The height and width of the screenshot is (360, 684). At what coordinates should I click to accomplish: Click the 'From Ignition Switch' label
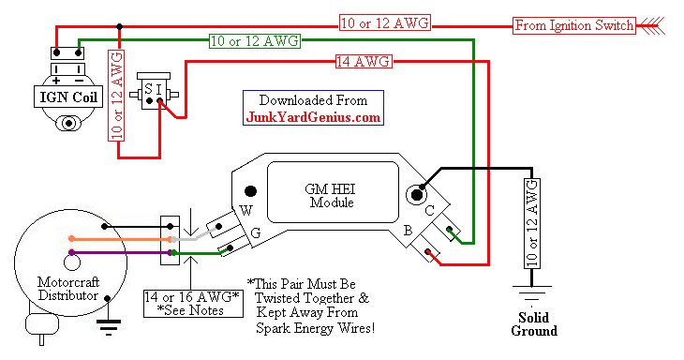click(574, 24)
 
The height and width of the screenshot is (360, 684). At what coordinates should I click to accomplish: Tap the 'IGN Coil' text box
click(65, 96)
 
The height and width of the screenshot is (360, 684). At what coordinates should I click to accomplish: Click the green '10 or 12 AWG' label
click(249, 40)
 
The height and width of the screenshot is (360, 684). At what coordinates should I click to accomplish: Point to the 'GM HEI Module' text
click(333, 195)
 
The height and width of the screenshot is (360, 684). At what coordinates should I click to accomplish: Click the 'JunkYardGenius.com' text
click(313, 117)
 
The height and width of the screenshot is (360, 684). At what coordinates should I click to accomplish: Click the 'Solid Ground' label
click(534, 323)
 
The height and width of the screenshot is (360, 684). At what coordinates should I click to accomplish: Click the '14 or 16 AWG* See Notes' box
click(190, 303)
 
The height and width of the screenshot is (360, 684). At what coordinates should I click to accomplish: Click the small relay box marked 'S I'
click(152, 91)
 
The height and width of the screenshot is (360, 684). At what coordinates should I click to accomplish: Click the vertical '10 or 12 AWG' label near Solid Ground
click(533, 222)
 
